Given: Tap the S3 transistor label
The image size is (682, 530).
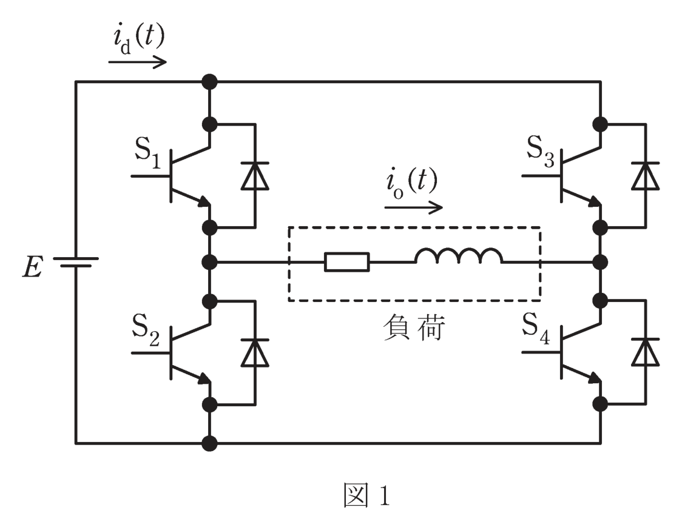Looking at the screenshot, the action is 541,152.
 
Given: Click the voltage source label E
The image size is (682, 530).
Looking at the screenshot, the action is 32,267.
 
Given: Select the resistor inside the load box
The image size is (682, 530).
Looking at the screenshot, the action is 347,262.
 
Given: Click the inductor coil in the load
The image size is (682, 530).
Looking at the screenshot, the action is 459,256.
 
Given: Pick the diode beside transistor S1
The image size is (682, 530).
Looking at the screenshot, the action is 255,176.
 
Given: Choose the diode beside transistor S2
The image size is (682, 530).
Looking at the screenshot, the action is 255,352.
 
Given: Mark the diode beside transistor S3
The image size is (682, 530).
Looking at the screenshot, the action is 646,176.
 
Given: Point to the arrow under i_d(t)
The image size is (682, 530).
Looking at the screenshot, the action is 138,62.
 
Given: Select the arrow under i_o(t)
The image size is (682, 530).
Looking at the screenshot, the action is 414,208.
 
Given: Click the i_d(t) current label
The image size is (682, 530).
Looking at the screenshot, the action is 139,39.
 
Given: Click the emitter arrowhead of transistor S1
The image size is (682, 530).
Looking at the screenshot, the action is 204,202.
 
